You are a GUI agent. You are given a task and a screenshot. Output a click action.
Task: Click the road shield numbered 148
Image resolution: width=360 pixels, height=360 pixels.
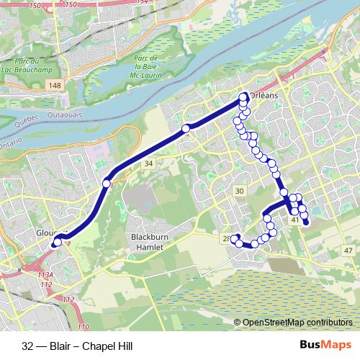[55, 86]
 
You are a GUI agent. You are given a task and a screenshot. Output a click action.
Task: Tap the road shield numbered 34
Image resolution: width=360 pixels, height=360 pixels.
[148, 165]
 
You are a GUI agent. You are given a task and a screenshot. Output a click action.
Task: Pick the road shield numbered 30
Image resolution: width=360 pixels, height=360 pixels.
[240, 190]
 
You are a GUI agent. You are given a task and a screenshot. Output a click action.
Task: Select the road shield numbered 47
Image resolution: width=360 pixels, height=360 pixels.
[348, 250]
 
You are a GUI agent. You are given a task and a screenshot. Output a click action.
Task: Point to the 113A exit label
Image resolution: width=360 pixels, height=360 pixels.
[47, 274]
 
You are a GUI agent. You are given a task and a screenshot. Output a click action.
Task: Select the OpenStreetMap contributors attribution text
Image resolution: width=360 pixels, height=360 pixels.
[297, 322]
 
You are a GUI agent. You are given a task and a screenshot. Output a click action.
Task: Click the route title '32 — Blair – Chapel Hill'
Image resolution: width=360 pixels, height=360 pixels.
[77, 346]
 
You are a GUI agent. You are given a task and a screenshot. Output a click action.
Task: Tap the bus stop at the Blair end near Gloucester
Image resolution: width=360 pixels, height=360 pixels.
[55, 243]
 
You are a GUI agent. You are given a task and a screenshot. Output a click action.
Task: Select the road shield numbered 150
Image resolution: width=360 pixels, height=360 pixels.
[53, 4]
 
